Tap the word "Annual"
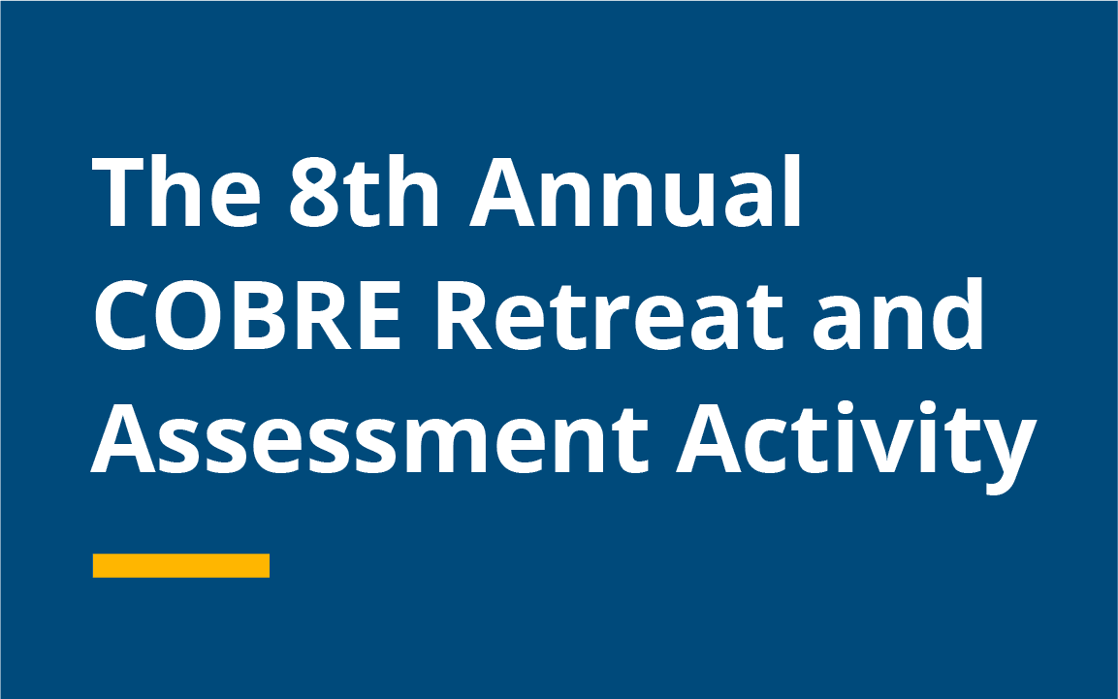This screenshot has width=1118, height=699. [x=635, y=190]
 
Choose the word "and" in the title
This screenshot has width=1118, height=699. [x=899, y=313]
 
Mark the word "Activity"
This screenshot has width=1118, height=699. [x=856, y=445]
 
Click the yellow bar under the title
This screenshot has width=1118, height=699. [x=181, y=565]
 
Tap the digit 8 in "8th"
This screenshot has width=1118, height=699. [x=315, y=192]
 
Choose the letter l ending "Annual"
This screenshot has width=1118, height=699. [x=793, y=190]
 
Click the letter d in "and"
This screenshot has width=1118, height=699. [x=955, y=314]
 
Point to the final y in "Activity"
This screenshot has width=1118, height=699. [x=1008, y=456]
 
